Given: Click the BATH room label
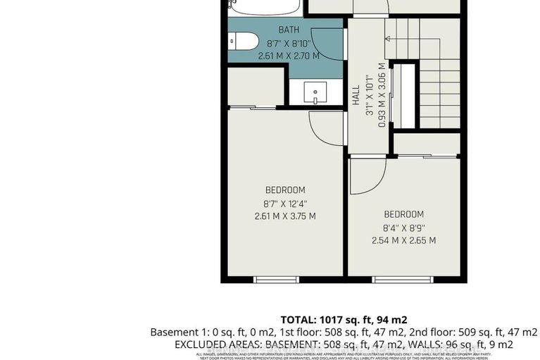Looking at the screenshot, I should point(289,30).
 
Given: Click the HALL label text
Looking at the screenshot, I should point(356,96).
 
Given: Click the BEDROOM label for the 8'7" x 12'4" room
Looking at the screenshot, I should point(284,190).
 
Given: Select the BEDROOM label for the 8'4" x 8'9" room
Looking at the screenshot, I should point(403,214).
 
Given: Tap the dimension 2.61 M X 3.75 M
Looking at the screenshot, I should point(284,216).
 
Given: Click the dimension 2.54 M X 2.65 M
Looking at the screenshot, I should point(403,240).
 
